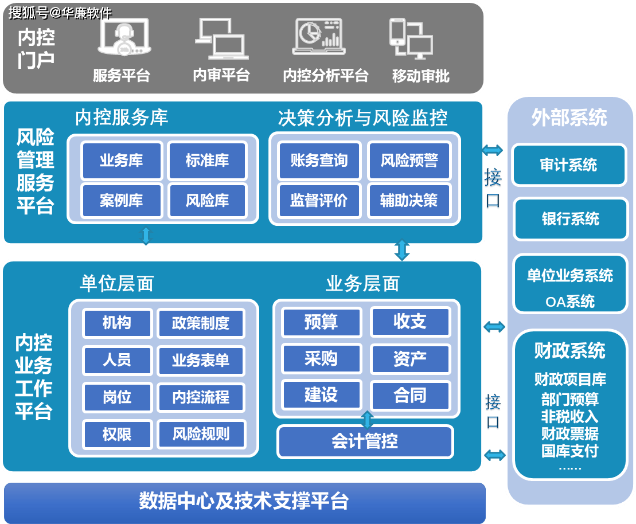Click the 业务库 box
click(121, 161)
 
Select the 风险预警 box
click(409, 161)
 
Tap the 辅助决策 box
click(409, 201)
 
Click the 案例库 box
click(121, 201)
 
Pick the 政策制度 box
click(200, 323)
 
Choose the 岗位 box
click(117, 397)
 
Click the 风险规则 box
click(201, 433)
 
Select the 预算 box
click(321, 322)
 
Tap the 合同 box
click(410, 396)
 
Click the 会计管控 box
click(365, 441)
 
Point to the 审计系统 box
click(568, 165)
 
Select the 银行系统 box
click(570, 219)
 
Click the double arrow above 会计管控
click(367, 419)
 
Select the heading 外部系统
click(569, 118)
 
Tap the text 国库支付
click(569, 451)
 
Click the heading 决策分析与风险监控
click(362, 118)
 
